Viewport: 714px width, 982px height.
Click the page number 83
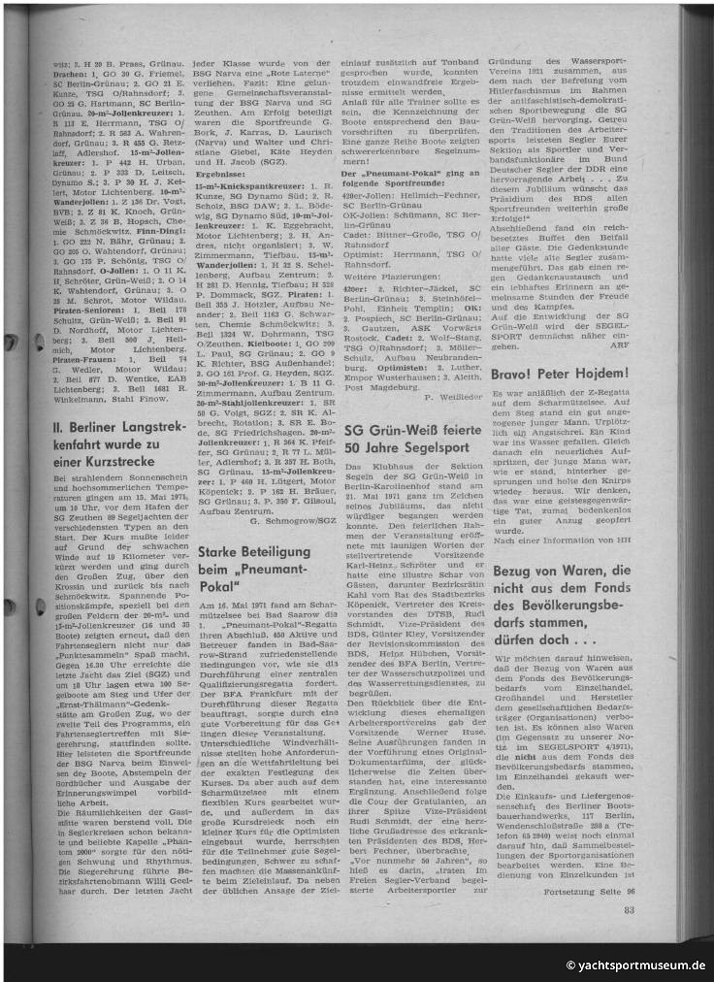[x=629, y=908]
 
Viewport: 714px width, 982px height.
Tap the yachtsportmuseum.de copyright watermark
[x=635, y=966]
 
